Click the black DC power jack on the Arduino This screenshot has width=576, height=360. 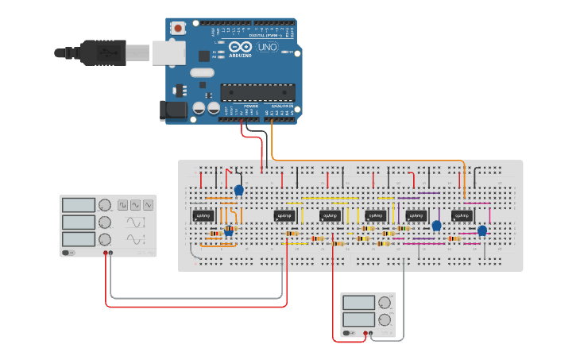click(x=173, y=110)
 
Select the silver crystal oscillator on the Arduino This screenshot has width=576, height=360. click(x=202, y=73)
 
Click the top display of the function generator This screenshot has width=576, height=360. click(x=78, y=205)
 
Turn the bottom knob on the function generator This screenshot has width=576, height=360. click(x=105, y=239)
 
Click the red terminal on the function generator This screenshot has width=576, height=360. click(x=105, y=254)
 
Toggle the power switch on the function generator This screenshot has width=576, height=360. click(x=68, y=254)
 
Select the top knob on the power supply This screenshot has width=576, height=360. click(x=385, y=302)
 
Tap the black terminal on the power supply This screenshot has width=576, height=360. click(x=372, y=335)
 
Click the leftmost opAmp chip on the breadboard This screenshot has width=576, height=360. click(x=203, y=215)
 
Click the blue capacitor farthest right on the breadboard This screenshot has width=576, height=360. click(x=482, y=230)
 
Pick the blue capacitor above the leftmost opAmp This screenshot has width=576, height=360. click(x=238, y=189)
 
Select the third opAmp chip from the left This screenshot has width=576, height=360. click(x=330, y=215)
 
